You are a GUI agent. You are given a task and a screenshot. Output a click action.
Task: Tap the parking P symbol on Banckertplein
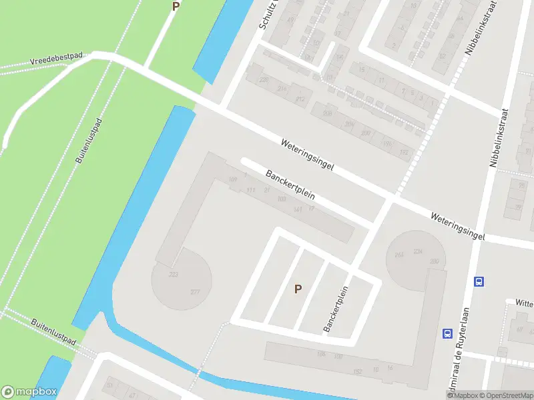[298, 289]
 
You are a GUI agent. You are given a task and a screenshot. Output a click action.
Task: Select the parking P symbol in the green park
[176, 7]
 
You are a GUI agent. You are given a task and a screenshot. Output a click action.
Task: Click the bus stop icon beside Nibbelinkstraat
[479, 281]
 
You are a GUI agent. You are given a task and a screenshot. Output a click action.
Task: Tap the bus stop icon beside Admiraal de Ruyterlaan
[447, 333]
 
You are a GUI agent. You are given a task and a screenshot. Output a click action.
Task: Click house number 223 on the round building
[174, 275]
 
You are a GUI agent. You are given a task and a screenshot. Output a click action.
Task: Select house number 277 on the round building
[195, 292]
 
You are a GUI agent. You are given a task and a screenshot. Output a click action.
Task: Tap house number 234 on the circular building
[418, 251]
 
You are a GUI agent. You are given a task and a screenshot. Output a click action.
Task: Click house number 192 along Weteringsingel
[403, 152]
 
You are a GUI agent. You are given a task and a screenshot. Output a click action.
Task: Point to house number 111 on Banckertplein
[251, 191]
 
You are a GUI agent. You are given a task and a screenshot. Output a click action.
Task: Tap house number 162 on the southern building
[357, 371]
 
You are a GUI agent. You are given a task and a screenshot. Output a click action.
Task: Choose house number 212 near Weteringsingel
[300, 100]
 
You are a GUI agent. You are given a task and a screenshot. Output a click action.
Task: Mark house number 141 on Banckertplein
[297, 208]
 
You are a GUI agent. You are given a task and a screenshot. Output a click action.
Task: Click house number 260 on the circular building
[435, 261]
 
